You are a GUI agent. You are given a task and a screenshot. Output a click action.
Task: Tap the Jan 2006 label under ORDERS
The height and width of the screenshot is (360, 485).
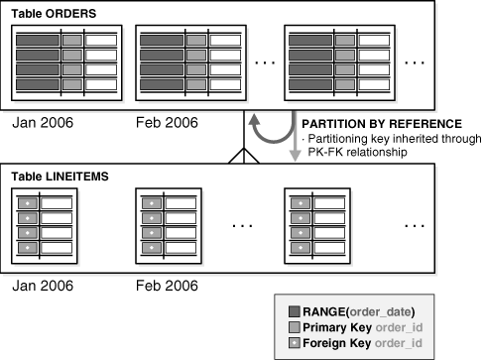click(44, 126)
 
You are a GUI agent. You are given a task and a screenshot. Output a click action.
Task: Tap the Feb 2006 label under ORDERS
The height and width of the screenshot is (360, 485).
click(167, 126)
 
